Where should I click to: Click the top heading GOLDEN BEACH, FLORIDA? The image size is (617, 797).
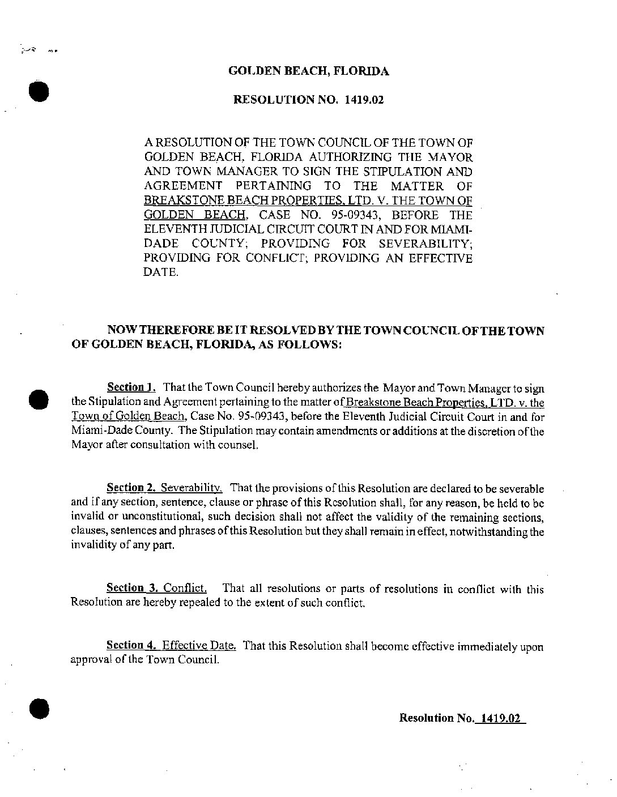308,71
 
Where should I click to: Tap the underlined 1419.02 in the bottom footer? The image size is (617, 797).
500,718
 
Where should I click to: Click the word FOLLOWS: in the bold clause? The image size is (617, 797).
312,344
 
